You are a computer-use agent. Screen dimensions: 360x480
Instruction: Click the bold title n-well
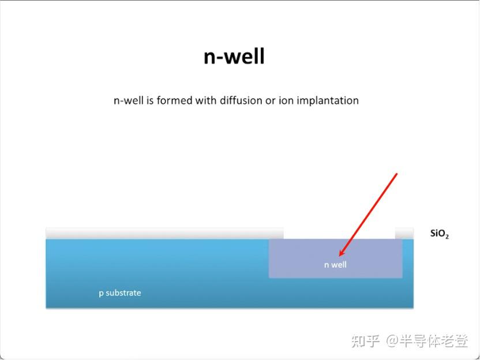tap(234, 57)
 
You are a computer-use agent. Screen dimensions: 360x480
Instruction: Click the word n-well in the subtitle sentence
tap(126, 100)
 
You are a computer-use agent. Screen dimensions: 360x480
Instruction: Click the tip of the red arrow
tap(340, 255)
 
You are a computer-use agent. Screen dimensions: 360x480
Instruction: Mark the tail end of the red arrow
tap(397, 174)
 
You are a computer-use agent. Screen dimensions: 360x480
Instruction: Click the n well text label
tap(335, 265)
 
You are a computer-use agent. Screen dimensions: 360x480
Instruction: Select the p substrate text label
tap(119, 292)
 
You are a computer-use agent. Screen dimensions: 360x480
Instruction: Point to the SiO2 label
tap(439, 234)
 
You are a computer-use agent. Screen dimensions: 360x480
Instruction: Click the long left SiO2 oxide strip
tap(164, 233)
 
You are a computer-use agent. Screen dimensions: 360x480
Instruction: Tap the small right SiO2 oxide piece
tap(404, 233)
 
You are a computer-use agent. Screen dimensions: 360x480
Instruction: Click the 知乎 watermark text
tap(365, 341)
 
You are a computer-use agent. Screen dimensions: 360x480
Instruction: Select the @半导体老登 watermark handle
tap(427, 341)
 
